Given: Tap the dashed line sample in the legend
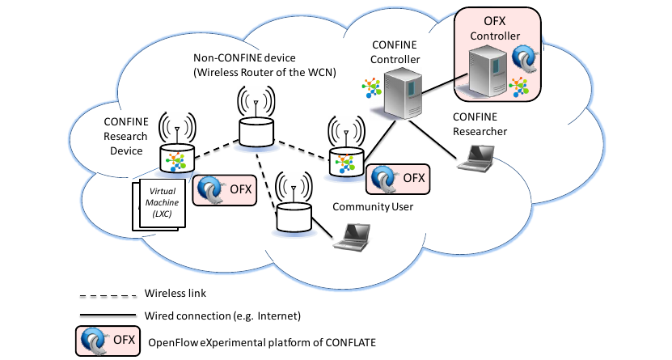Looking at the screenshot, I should coord(107,294).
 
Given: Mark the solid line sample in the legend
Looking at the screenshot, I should coord(107,314).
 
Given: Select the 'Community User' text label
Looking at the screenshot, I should coord(373,207).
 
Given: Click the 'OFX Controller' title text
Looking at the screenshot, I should coord(496,27).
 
